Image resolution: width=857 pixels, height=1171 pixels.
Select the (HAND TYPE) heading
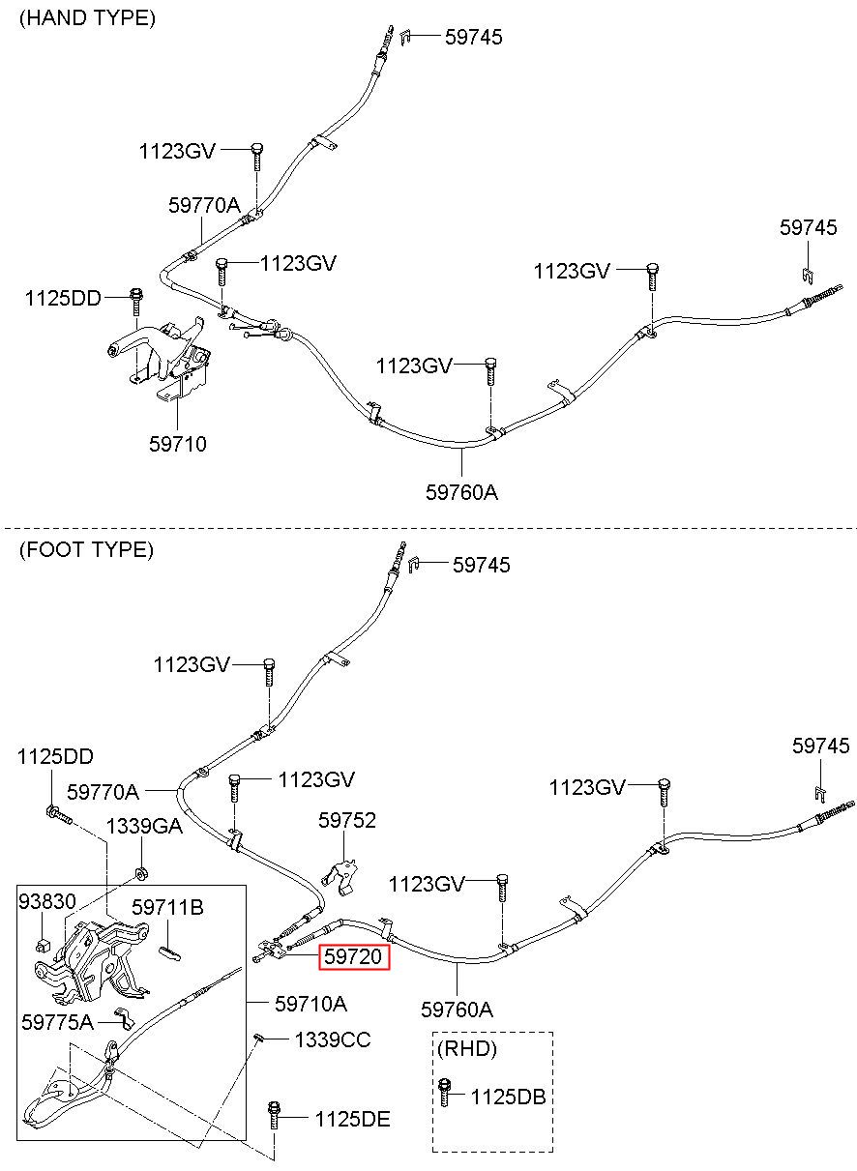click(87, 18)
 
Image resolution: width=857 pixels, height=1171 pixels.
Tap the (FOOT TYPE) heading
click(86, 550)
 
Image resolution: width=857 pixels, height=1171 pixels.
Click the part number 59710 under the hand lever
click(178, 445)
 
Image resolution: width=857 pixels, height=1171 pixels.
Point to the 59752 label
click(347, 821)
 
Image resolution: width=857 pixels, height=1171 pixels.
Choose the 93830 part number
click(46, 901)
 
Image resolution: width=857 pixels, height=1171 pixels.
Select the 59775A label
click(58, 1021)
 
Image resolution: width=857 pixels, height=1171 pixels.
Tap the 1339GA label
click(143, 827)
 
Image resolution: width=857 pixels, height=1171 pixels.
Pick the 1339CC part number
click(332, 1040)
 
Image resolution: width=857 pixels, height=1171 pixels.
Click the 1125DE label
click(351, 1120)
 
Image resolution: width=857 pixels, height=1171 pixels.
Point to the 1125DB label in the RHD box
click(508, 1098)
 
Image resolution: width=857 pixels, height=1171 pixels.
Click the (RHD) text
click(467, 1049)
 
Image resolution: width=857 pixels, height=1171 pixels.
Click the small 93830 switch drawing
click(42, 943)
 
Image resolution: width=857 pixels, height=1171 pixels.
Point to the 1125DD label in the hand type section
click(63, 299)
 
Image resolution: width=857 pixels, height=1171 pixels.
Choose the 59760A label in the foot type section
click(457, 1010)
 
